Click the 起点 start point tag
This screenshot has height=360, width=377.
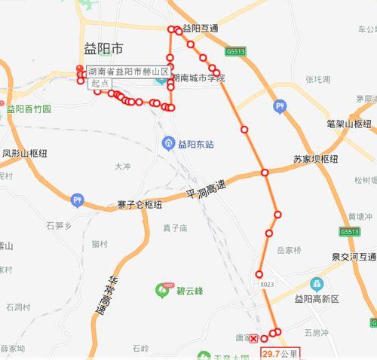click(99, 83)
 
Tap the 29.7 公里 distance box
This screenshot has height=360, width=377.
click(280, 352)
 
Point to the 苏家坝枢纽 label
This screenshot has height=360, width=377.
click(316, 159)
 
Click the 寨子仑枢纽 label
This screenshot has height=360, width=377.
click(140, 204)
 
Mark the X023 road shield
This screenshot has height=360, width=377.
click(267, 285)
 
